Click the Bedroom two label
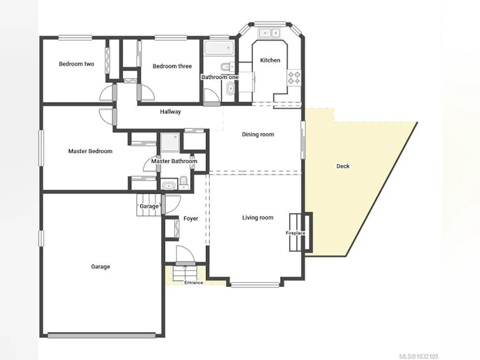(x=76, y=64)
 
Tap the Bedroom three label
(x=172, y=66)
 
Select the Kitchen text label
(x=270, y=61)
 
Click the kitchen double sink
(x=270, y=32)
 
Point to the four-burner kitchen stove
(x=294, y=77)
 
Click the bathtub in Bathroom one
(x=219, y=48)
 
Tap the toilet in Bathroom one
(x=227, y=66)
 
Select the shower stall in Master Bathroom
(x=171, y=142)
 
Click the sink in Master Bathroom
(x=169, y=185)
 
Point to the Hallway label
(x=170, y=112)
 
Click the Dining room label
(x=258, y=134)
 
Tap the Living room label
(x=258, y=217)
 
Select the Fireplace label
(x=295, y=233)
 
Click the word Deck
(x=343, y=166)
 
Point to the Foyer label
(x=191, y=219)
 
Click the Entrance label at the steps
(x=194, y=283)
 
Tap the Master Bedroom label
(x=90, y=151)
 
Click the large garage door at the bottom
(x=101, y=336)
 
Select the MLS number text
(x=419, y=356)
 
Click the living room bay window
(x=255, y=285)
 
